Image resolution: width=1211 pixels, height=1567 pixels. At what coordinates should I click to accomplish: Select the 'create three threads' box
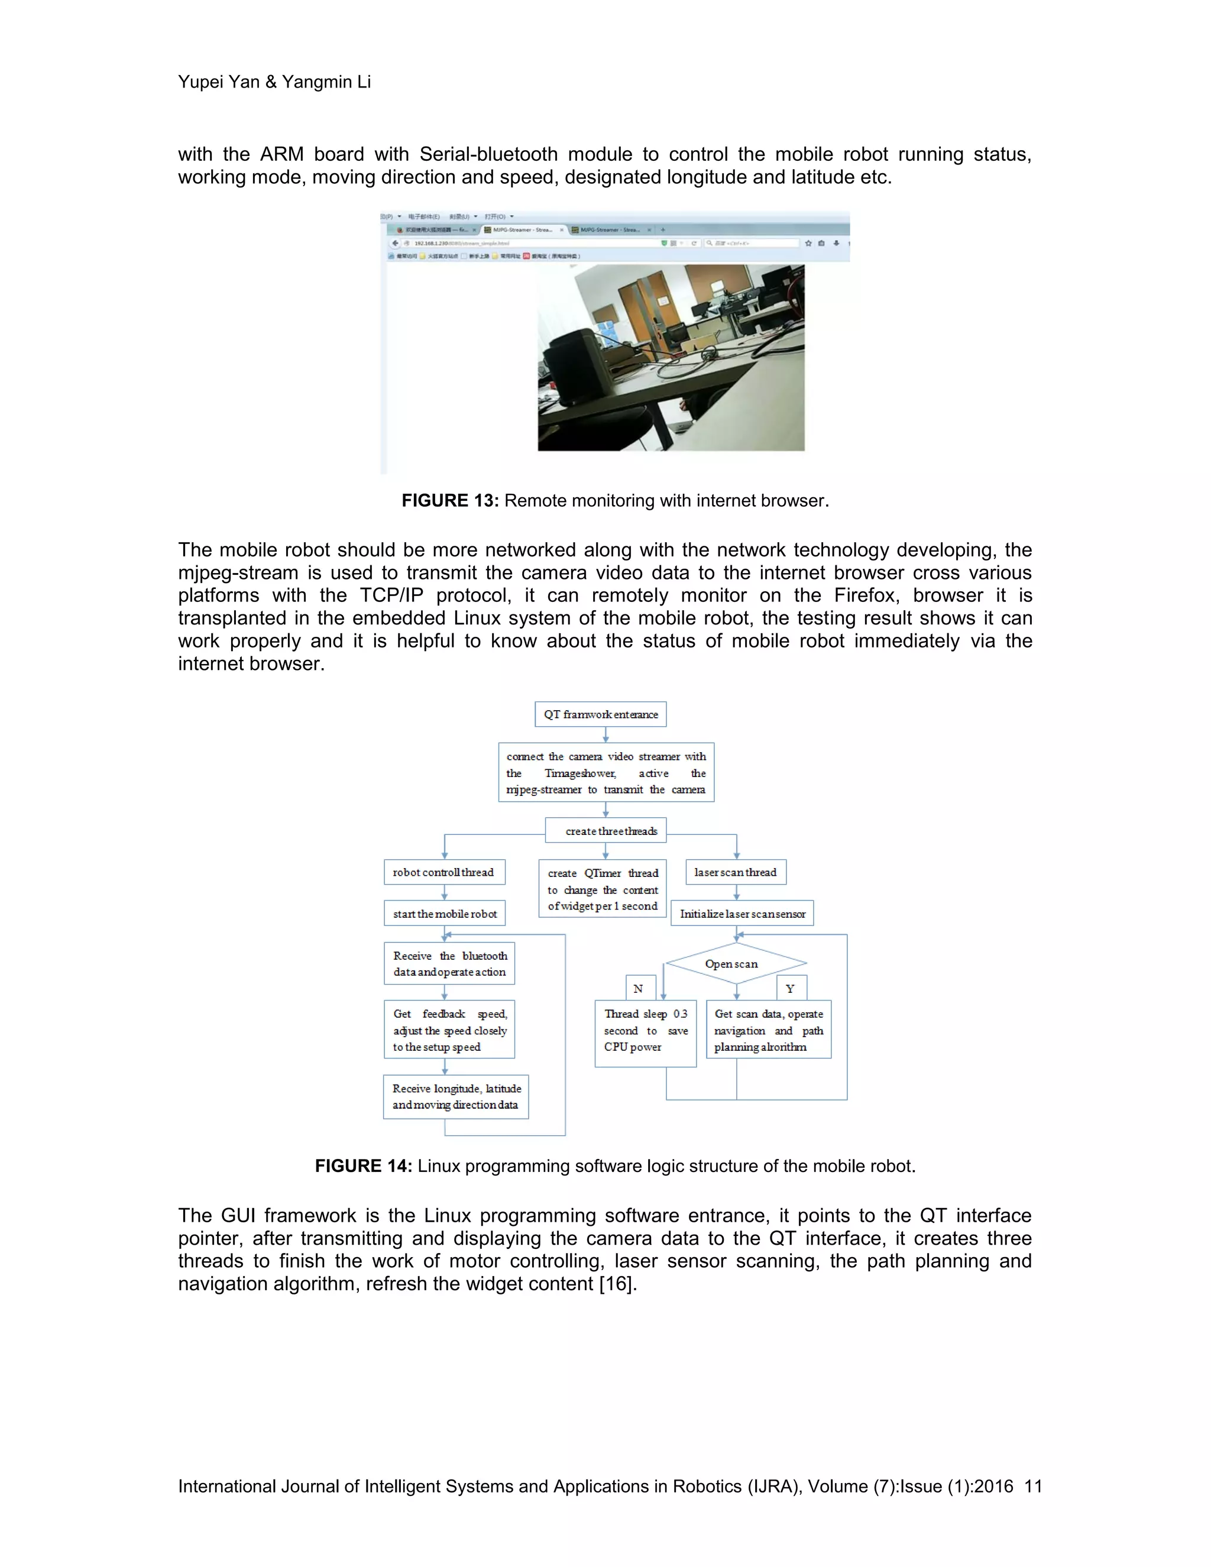[605, 830]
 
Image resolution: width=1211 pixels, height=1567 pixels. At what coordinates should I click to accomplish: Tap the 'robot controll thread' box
[444, 872]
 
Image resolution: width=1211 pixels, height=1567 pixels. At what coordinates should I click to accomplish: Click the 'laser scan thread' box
[736, 872]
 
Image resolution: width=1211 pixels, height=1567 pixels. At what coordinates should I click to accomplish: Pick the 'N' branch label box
[639, 988]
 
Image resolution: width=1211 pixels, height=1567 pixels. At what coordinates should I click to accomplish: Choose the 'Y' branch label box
[791, 988]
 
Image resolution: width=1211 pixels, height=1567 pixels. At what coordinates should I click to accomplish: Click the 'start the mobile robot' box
[445, 914]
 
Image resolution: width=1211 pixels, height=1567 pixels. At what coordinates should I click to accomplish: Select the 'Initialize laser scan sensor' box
[742, 914]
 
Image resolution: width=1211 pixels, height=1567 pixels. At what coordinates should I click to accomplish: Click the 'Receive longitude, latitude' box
[456, 1096]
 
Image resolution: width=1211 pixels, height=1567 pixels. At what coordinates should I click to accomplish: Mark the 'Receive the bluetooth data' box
[449, 964]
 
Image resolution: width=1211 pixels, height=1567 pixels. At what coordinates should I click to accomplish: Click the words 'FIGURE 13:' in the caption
[450, 501]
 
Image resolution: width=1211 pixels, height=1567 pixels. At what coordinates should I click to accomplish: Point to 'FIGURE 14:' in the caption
[363, 1166]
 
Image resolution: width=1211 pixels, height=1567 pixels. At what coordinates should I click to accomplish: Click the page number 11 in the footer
[1032, 1486]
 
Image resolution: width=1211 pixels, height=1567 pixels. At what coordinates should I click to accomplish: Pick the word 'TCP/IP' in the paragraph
[391, 595]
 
